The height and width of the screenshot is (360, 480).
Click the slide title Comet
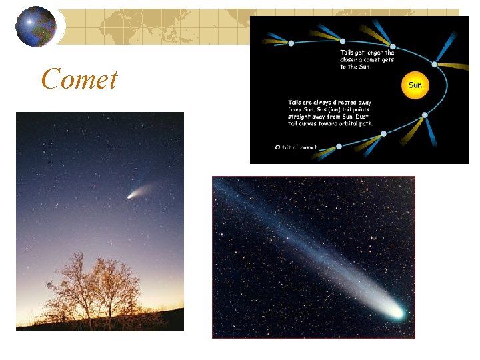[79, 79]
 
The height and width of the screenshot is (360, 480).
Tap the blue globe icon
[36, 27]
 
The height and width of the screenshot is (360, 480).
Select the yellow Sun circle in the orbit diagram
[415, 85]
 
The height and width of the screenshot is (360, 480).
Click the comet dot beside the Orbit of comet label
[339, 146]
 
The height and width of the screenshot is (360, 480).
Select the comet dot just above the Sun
[435, 65]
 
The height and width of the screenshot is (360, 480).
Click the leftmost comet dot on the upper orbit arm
[291, 43]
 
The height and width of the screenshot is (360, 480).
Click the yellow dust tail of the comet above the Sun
[457, 67]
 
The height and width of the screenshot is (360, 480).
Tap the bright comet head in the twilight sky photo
[130, 196]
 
